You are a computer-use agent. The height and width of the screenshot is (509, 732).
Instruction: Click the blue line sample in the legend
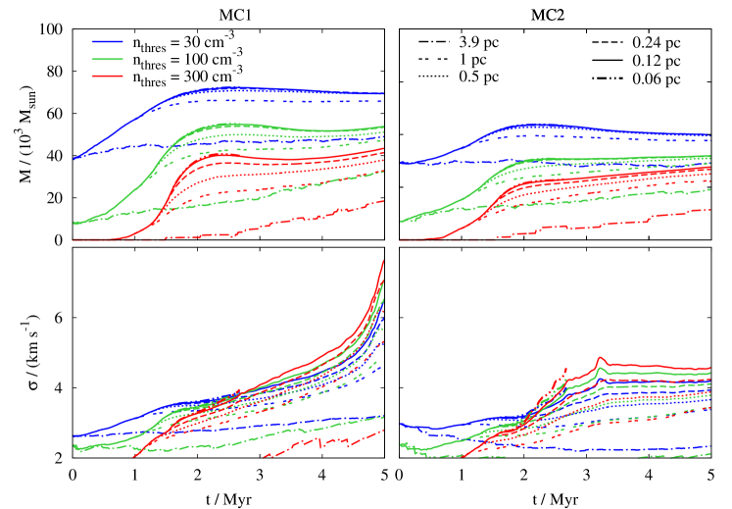click(x=108, y=42)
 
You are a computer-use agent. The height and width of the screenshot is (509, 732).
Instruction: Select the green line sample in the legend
click(x=108, y=59)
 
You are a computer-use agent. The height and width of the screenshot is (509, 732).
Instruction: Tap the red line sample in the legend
click(x=108, y=76)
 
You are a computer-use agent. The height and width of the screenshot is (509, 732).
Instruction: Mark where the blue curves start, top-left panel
click(x=74, y=157)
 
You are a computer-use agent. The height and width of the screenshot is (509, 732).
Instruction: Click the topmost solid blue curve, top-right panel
click(x=539, y=125)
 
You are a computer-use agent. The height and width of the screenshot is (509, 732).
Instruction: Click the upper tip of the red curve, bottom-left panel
click(x=383, y=261)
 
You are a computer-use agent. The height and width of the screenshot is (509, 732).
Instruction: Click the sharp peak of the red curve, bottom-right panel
click(x=600, y=358)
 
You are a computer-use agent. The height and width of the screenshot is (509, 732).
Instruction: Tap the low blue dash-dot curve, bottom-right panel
click(x=588, y=449)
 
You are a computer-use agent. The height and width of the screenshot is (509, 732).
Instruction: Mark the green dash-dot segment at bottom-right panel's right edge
click(x=676, y=455)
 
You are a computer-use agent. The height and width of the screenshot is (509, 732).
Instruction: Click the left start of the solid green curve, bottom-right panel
click(x=402, y=445)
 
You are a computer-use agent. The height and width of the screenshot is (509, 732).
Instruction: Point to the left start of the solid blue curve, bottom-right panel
click(x=402, y=426)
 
